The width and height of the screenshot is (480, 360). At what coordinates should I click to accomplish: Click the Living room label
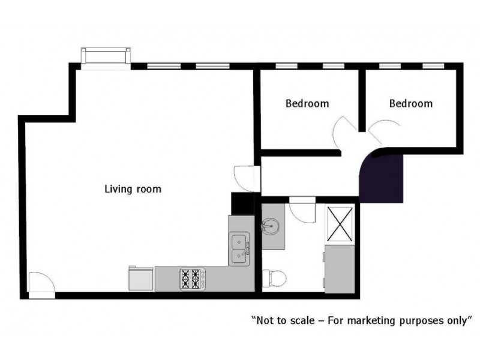coord(133,189)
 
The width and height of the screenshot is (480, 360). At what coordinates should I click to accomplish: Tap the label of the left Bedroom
coord(307,103)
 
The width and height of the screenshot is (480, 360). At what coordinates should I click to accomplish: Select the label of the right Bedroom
coord(411,103)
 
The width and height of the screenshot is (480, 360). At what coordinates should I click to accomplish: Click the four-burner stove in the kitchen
coord(193,278)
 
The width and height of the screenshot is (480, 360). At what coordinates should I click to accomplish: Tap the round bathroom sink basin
coord(269,227)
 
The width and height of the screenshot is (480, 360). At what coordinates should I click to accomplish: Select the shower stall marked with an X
coord(340,223)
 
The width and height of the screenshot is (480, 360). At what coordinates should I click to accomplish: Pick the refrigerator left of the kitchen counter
coord(140,278)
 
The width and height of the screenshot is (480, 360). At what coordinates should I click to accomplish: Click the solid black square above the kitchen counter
coord(242,203)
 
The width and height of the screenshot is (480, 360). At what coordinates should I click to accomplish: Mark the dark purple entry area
coord(383,178)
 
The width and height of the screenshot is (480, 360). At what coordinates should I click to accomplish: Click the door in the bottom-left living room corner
coord(41,283)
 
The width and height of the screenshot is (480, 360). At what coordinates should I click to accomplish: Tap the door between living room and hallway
coord(246,177)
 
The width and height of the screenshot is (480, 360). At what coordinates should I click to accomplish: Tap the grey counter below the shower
coord(340,269)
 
